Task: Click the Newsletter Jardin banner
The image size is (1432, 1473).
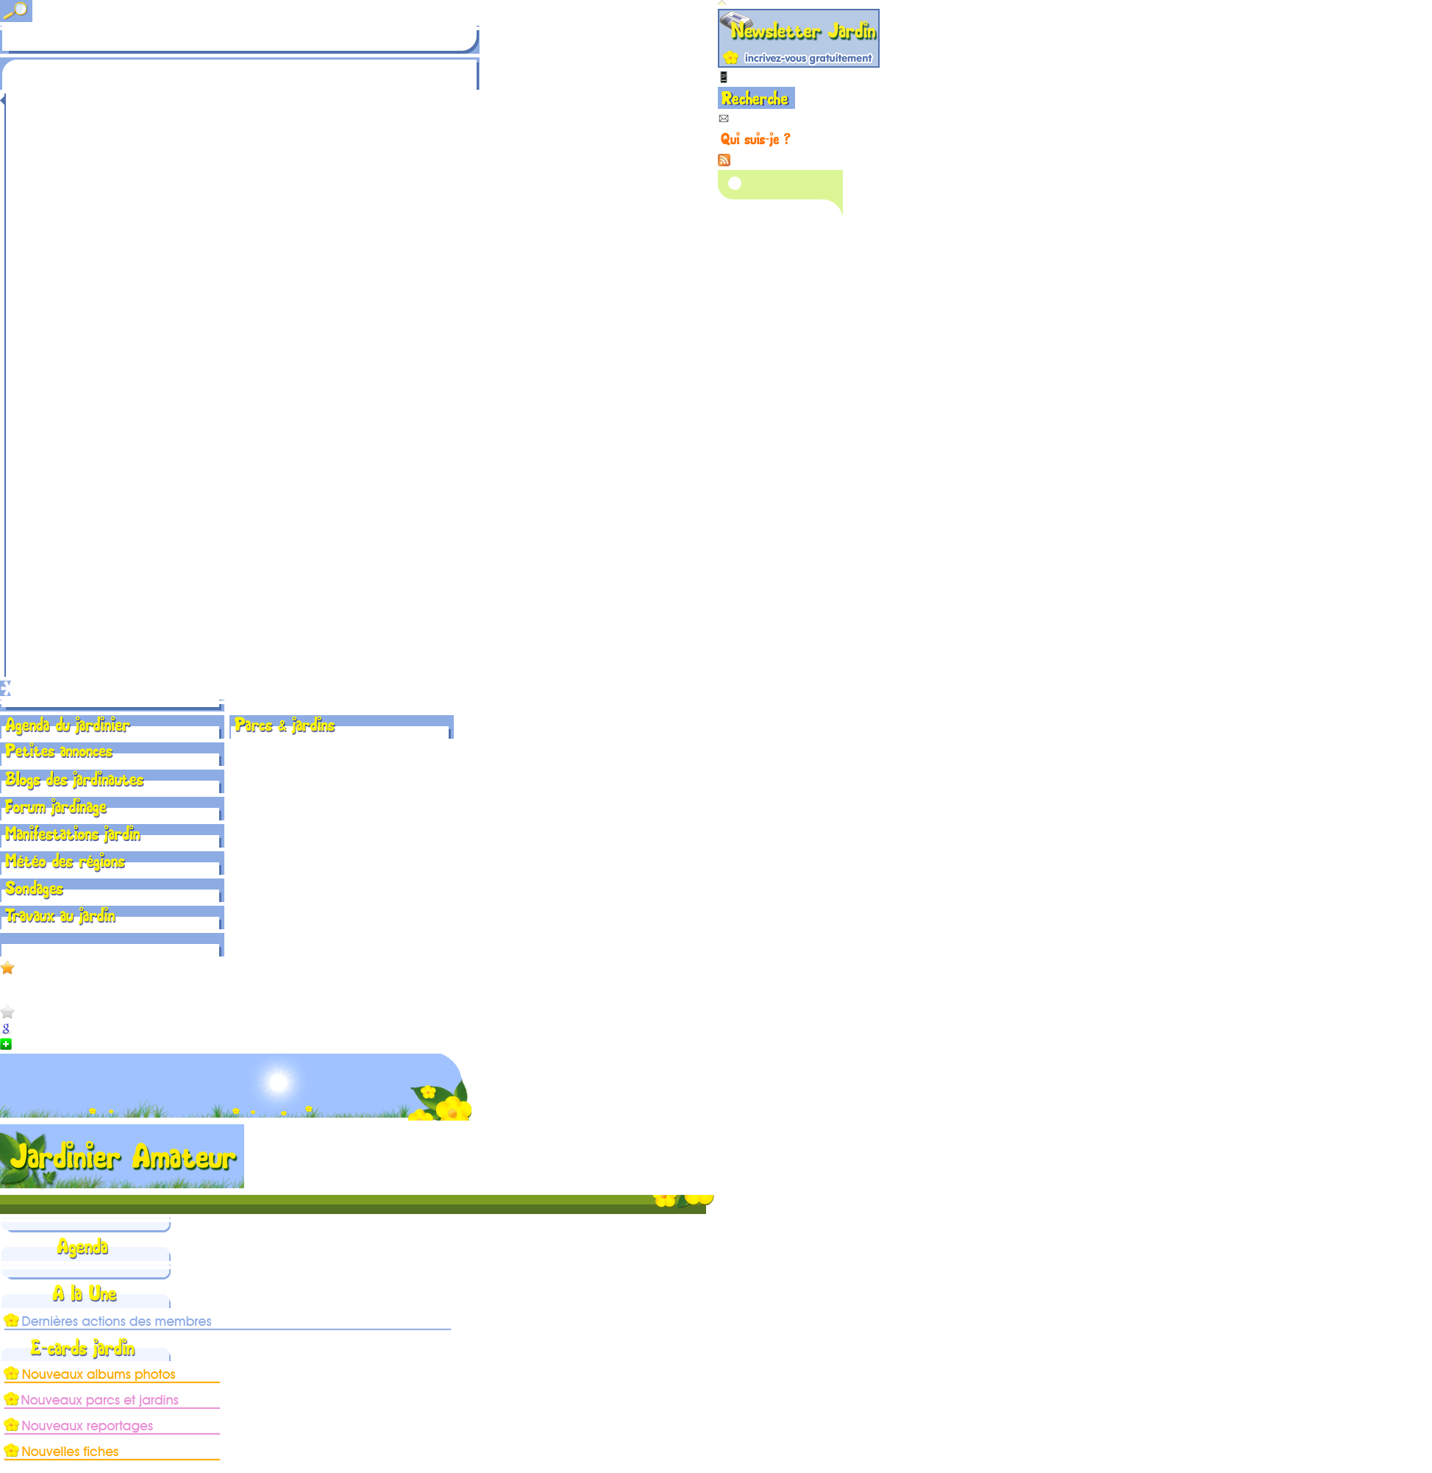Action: (798, 38)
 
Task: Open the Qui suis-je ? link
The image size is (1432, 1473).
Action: (755, 139)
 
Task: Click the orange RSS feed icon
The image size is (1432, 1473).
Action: (724, 160)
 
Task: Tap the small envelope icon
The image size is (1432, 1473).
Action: (724, 119)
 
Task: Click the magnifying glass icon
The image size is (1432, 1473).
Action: (15, 10)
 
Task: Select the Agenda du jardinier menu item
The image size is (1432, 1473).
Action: (68, 725)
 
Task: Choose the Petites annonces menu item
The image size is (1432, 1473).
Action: (59, 751)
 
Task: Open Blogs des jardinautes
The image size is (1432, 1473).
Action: (74, 780)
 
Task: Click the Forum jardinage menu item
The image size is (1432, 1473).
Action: (57, 807)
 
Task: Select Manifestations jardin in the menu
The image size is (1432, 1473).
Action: (73, 834)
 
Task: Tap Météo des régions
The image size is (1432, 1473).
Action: (65, 862)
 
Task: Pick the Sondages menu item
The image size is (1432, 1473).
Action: (35, 890)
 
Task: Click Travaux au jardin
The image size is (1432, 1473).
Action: (61, 916)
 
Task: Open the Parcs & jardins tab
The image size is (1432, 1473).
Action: (285, 725)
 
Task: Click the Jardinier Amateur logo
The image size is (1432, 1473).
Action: (122, 1157)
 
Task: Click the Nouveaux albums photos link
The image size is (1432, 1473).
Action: (99, 1374)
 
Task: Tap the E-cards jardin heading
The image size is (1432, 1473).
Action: (82, 1348)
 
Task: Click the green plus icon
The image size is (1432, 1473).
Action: (6, 1044)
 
